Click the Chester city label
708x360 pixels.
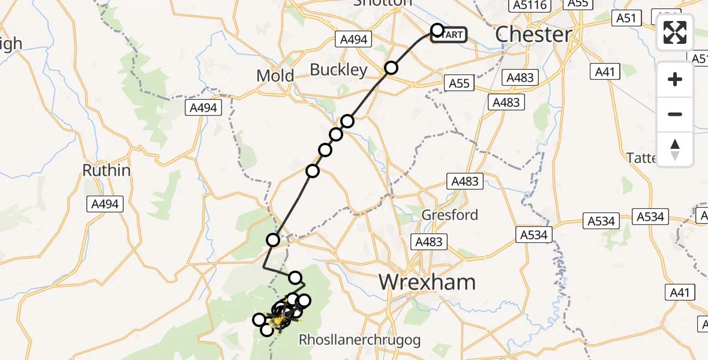[x=533, y=34]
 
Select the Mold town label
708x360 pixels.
[x=275, y=76]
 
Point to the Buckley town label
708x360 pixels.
[x=338, y=70]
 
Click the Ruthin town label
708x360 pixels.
[x=106, y=170]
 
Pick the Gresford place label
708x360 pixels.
[x=450, y=215]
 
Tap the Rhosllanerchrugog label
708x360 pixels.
[x=359, y=340]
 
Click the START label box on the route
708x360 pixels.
[x=451, y=35]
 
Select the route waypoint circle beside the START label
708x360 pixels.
[x=437, y=30]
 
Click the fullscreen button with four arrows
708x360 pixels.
[x=675, y=32]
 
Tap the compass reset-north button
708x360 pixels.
[x=675, y=149]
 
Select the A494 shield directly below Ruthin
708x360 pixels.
[x=105, y=204]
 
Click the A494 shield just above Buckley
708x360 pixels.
[x=353, y=40]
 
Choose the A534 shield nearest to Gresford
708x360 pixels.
[x=534, y=235]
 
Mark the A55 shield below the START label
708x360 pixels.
[x=459, y=83]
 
